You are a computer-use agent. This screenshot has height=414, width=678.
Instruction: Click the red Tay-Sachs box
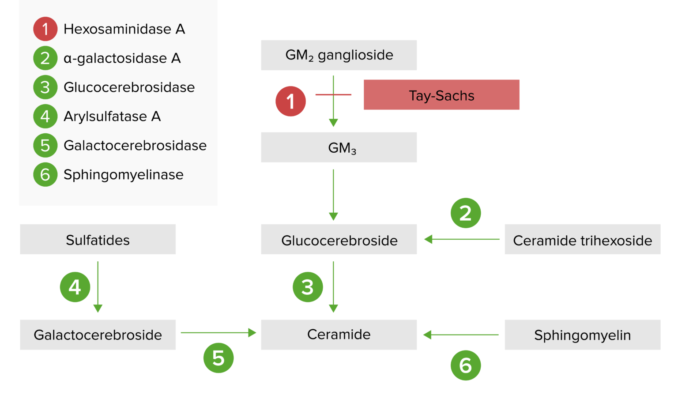tap(441, 95)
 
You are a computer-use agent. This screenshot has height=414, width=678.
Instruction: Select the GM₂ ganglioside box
tap(339, 55)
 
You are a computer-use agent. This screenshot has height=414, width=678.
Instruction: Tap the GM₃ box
tap(339, 147)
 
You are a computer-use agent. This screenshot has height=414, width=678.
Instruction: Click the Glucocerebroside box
tap(339, 240)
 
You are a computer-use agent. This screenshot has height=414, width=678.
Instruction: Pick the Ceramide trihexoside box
tap(582, 240)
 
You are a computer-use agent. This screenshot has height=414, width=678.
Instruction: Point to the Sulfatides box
tap(98, 240)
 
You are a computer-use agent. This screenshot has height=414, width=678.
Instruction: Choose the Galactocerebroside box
tap(98, 335)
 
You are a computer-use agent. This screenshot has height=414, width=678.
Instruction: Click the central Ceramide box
tap(339, 335)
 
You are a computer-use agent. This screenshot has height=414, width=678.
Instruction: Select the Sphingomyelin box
tap(582, 335)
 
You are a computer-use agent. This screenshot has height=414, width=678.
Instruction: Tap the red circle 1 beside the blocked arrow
tap(290, 101)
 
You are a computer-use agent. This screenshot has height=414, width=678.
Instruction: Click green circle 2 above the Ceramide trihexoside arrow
tap(466, 213)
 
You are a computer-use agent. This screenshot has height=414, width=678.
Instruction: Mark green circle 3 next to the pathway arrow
tap(308, 287)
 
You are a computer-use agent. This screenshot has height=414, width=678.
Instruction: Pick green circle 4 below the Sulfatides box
tap(75, 287)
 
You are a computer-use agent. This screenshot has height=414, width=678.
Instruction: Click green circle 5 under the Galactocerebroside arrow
tap(218, 358)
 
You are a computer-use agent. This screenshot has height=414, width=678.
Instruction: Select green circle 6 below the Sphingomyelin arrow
tap(466, 365)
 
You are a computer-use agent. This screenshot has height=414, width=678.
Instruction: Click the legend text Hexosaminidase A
tap(124, 29)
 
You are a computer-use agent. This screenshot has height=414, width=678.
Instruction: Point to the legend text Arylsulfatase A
tap(112, 117)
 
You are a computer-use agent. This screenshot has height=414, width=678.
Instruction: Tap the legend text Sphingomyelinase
tap(124, 175)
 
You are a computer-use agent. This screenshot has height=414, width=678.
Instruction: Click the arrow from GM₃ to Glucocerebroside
tap(333, 194)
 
